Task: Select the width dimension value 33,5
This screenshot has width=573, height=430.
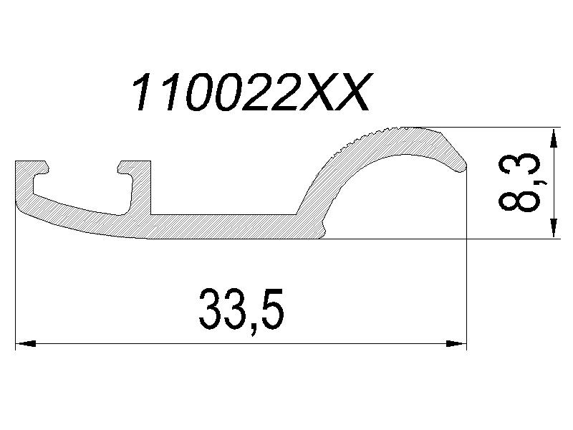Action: [x=241, y=310]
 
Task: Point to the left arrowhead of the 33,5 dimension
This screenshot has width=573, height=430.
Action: [x=26, y=344]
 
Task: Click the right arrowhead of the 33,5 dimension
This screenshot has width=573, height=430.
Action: [x=456, y=344]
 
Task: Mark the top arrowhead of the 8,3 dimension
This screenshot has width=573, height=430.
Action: [x=552, y=138]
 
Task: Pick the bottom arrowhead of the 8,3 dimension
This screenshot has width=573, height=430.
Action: [x=552, y=229]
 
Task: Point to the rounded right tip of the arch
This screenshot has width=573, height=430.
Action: [x=463, y=164]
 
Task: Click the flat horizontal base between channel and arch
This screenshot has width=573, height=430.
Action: [x=222, y=226]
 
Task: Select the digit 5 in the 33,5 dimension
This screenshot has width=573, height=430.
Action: [x=269, y=310]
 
